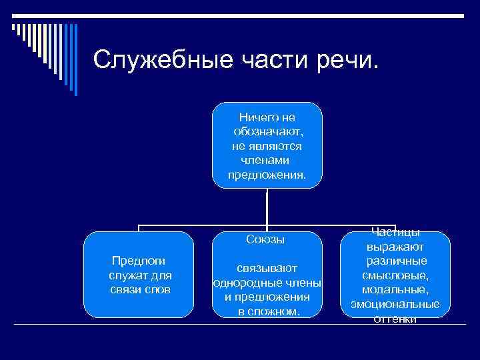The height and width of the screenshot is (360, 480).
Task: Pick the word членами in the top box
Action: (x=267, y=161)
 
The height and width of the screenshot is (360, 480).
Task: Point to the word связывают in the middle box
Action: (x=267, y=269)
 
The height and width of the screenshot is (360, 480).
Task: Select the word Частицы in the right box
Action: (x=395, y=232)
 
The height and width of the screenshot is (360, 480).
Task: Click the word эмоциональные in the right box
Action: (x=395, y=305)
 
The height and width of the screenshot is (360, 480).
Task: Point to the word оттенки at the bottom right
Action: (x=395, y=319)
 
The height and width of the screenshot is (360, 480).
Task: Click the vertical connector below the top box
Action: (x=267, y=207)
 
